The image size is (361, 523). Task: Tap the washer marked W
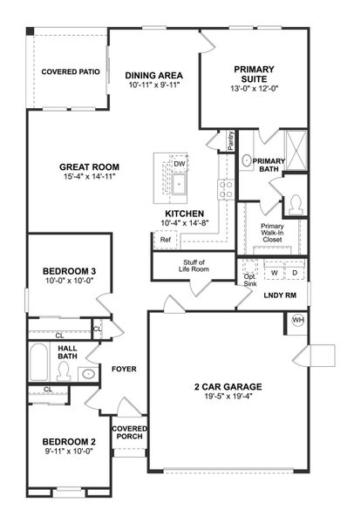click(274, 273)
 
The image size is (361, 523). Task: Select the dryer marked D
click(294, 273)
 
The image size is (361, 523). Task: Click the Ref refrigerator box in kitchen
click(165, 240)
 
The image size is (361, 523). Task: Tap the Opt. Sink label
click(250, 279)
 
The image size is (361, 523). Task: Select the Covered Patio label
click(70, 71)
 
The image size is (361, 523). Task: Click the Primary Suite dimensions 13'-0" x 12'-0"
click(253, 87)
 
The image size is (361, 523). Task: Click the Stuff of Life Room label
click(194, 267)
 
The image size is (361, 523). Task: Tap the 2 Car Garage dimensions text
click(229, 396)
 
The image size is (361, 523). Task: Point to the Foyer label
click(125, 369)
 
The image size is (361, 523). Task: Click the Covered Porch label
click(129, 433)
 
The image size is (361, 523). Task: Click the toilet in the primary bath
click(296, 204)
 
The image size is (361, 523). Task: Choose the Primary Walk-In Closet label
click(272, 232)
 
